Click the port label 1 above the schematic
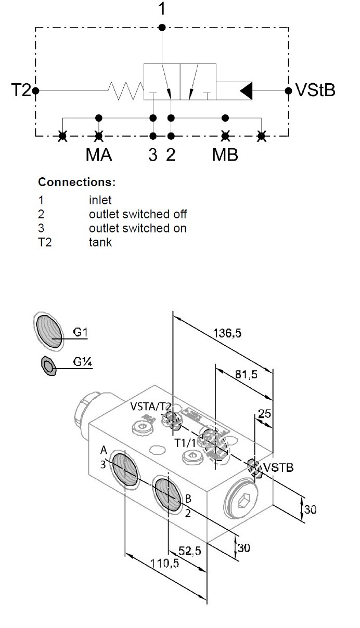[x=162, y=9]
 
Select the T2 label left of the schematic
[x=21, y=90]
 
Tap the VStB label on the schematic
[x=315, y=90]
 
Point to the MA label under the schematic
[x=99, y=155]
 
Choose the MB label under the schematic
[x=225, y=155]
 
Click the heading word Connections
[x=76, y=183]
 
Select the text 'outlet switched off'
[x=138, y=214]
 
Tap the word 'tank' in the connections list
[x=100, y=242]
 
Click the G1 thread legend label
[x=80, y=333]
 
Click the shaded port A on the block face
[x=125, y=469]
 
